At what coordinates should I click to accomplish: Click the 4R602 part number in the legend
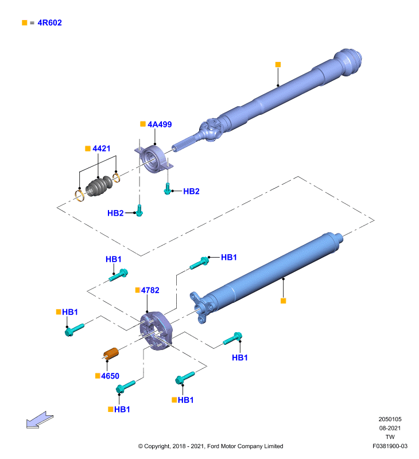pos(49,22)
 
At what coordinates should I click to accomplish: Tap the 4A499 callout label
pos(160,125)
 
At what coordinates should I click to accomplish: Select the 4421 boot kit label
pos(102,149)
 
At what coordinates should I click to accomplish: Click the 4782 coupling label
pos(150,290)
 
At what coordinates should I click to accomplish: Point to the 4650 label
pos(110,376)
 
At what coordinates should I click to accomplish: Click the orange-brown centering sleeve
pos(111,353)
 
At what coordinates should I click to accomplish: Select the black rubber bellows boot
pos(99,186)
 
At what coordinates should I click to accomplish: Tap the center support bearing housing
pos(154,159)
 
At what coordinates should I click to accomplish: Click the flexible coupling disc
pos(156,330)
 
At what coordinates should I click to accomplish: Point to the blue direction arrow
pos(40,420)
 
